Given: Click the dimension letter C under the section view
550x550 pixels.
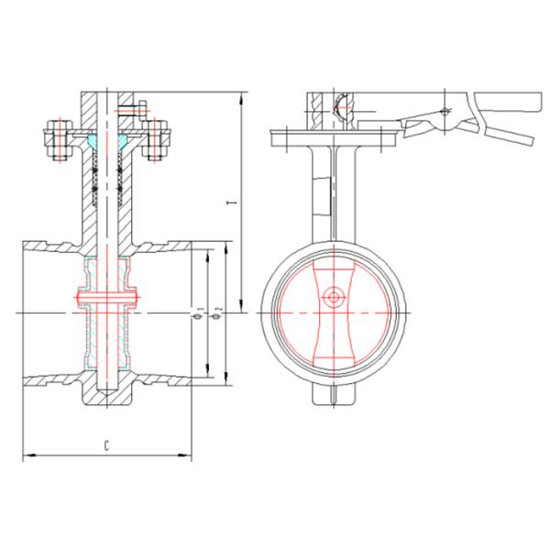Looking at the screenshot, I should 107,445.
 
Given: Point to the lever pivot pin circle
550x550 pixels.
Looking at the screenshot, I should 445,111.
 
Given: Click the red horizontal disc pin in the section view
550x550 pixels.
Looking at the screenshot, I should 107,298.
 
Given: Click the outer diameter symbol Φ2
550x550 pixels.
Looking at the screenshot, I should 215,314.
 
